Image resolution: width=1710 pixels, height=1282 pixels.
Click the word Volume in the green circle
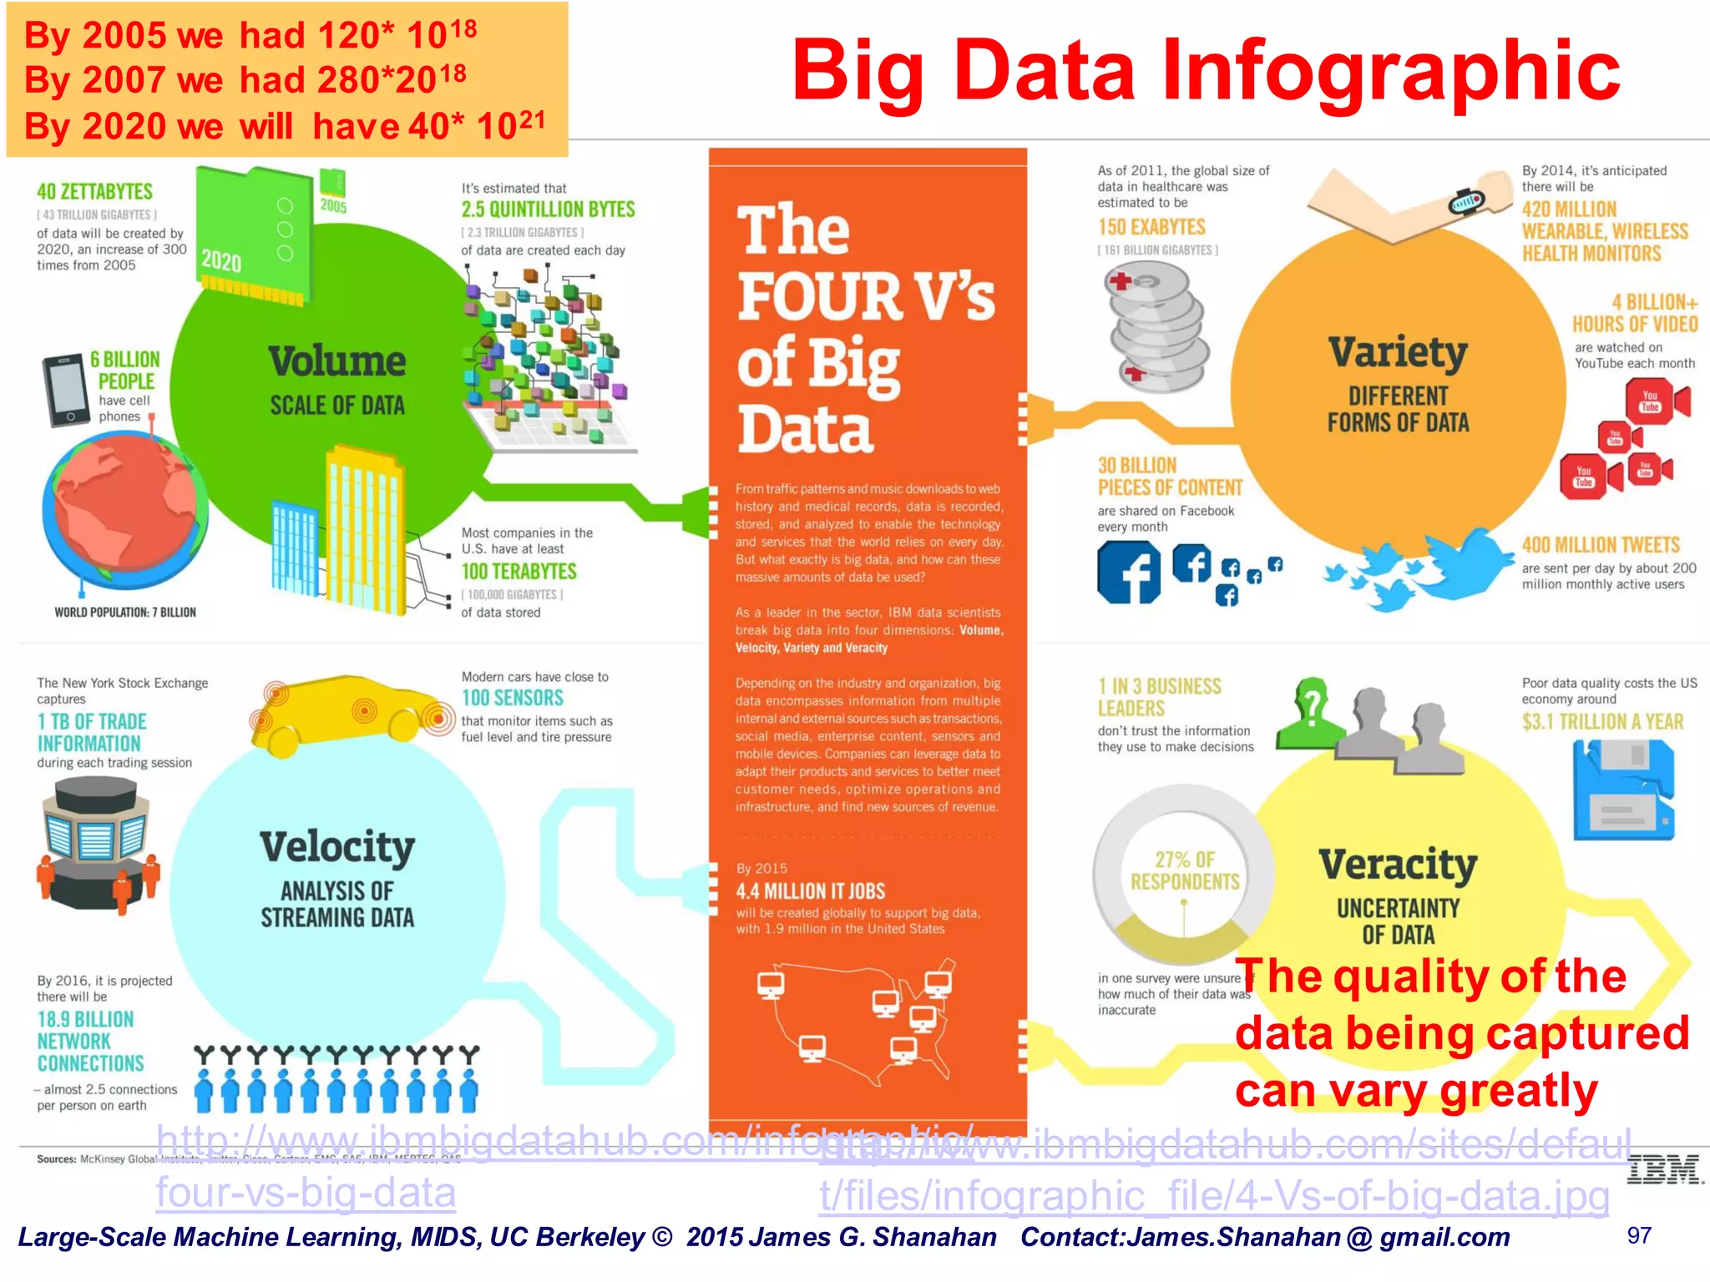336,361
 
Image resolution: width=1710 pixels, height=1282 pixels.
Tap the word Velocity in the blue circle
336,847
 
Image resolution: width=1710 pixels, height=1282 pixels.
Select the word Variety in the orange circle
1398,353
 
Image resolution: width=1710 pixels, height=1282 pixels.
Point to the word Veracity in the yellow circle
1398,864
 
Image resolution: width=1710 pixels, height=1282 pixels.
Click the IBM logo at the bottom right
1664,1170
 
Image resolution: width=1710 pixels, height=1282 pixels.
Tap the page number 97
1639,1235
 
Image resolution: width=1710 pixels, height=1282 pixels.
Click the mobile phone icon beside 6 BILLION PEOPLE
65,390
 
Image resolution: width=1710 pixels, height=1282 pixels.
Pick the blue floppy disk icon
1623,789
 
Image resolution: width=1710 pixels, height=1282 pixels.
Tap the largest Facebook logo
1129,573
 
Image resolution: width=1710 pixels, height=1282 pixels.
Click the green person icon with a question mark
1311,714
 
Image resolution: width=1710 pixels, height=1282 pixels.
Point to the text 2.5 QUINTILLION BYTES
548,209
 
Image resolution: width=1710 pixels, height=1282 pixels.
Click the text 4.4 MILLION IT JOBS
810,891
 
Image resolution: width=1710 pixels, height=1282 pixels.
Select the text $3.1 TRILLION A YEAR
1602,722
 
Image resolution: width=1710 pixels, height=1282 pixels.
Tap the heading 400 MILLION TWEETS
1601,546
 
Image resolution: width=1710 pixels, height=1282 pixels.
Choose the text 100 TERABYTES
519,572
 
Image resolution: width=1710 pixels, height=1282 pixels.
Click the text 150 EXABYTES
1151,227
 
